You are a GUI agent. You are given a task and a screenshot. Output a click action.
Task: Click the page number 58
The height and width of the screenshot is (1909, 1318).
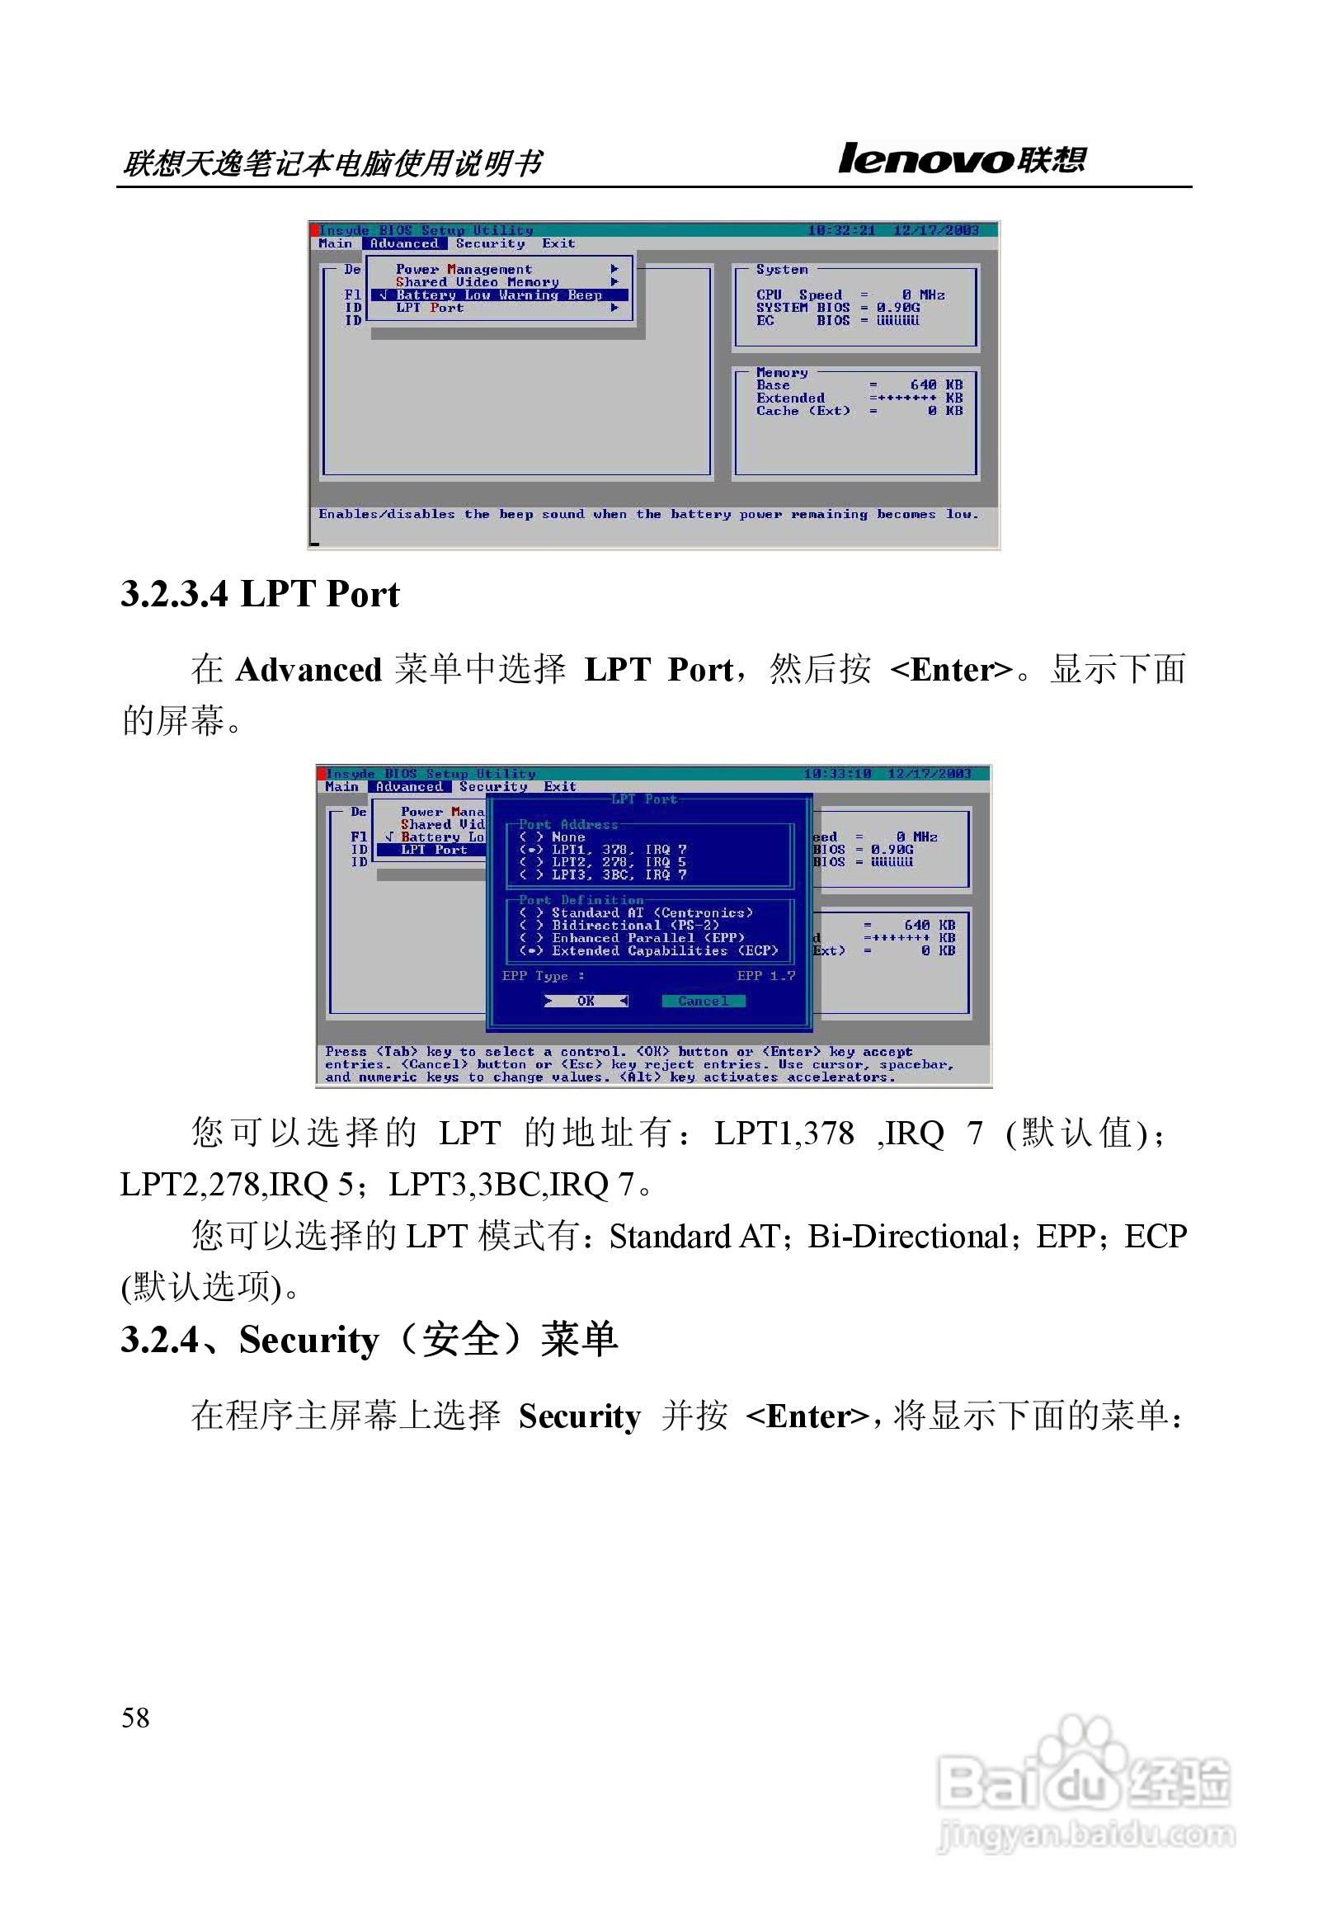(135, 1718)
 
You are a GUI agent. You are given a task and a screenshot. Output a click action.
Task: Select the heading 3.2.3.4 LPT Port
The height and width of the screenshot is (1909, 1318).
(260, 594)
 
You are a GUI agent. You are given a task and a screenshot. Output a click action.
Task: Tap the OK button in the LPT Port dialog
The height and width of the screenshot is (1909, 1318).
(586, 1002)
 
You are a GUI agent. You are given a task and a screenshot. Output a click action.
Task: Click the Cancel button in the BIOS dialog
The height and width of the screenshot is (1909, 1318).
(703, 1002)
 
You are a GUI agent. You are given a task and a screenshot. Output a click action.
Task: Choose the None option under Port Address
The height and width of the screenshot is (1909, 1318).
(568, 837)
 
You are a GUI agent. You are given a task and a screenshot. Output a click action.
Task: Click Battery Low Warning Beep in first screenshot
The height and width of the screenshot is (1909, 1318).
(499, 295)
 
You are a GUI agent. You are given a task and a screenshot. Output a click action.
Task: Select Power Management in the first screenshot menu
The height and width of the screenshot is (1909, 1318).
(464, 269)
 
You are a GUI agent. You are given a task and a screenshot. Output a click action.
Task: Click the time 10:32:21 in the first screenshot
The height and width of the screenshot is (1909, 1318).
(840, 230)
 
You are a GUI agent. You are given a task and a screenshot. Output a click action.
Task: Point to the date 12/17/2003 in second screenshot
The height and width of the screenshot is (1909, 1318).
(929, 774)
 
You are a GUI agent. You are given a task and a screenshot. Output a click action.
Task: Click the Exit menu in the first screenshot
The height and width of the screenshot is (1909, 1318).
(558, 243)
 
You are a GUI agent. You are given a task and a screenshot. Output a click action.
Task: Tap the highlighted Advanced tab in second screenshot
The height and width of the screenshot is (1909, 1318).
(409, 787)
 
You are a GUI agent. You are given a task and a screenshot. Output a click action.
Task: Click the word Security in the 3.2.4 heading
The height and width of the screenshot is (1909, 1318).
(308, 1341)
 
